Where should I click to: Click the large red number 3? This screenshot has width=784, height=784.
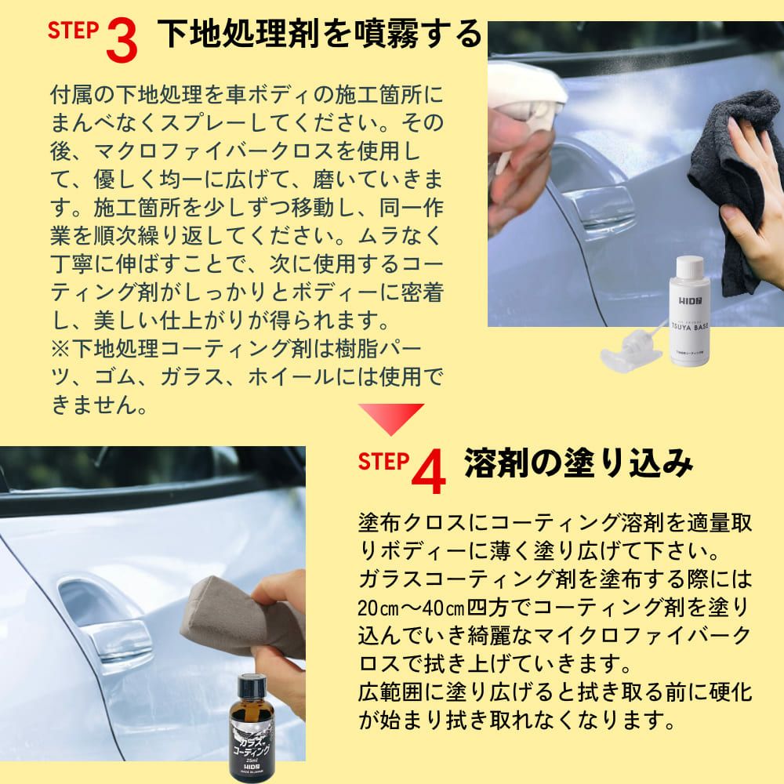[122, 41]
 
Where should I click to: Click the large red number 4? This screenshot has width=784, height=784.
[429, 471]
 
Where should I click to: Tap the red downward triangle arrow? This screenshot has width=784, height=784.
[391, 419]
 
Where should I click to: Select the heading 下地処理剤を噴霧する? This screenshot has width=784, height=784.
[320, 34]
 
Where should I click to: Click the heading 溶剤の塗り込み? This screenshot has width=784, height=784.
[579, 463]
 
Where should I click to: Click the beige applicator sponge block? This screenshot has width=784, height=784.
[242, 615]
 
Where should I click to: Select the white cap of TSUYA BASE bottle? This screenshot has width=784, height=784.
[690, 267]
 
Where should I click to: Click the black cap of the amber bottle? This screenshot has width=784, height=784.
[252, 687]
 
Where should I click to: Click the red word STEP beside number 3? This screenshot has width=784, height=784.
[73, 30]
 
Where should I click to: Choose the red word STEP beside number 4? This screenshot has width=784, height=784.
[383, 461]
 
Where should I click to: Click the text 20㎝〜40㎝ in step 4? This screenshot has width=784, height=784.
[411, 608]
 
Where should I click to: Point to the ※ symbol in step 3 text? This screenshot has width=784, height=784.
[60, 349]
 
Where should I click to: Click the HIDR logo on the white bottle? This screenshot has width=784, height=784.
[690, 300]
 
